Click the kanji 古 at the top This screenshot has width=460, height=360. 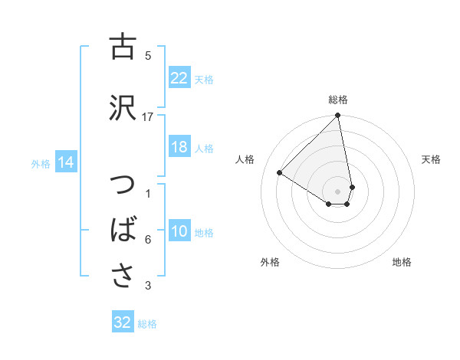click(x=121, y=47)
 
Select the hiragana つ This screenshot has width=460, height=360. click(x=121, y=186)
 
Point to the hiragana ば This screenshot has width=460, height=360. click(x=121, y=231)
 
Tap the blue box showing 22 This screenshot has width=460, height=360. click(x=179, y=77)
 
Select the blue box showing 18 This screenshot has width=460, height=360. click(x=179, y=147)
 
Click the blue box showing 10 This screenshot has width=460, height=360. click(x=179, y=231)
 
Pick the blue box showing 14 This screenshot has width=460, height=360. click(x=66, y=162)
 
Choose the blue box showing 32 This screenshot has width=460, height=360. click(x=123, y=322)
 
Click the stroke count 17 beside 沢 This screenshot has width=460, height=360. click(x=148, y=116)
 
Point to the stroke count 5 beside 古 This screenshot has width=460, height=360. click(x=148, y=55)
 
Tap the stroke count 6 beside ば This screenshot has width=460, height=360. click(x=148, y=240)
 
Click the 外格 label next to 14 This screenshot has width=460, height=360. click(x=41, y=163)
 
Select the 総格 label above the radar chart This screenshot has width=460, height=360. click(x=338, y=100)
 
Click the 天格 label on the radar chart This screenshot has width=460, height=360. click(x=432, y=159)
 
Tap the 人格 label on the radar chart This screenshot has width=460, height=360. click(x=245, y=159)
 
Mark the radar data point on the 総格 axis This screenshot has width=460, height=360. click(x=338, y=116)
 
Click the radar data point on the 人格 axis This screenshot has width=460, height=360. click(x=280, y=172)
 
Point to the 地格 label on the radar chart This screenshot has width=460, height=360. click(x=402, y=262)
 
